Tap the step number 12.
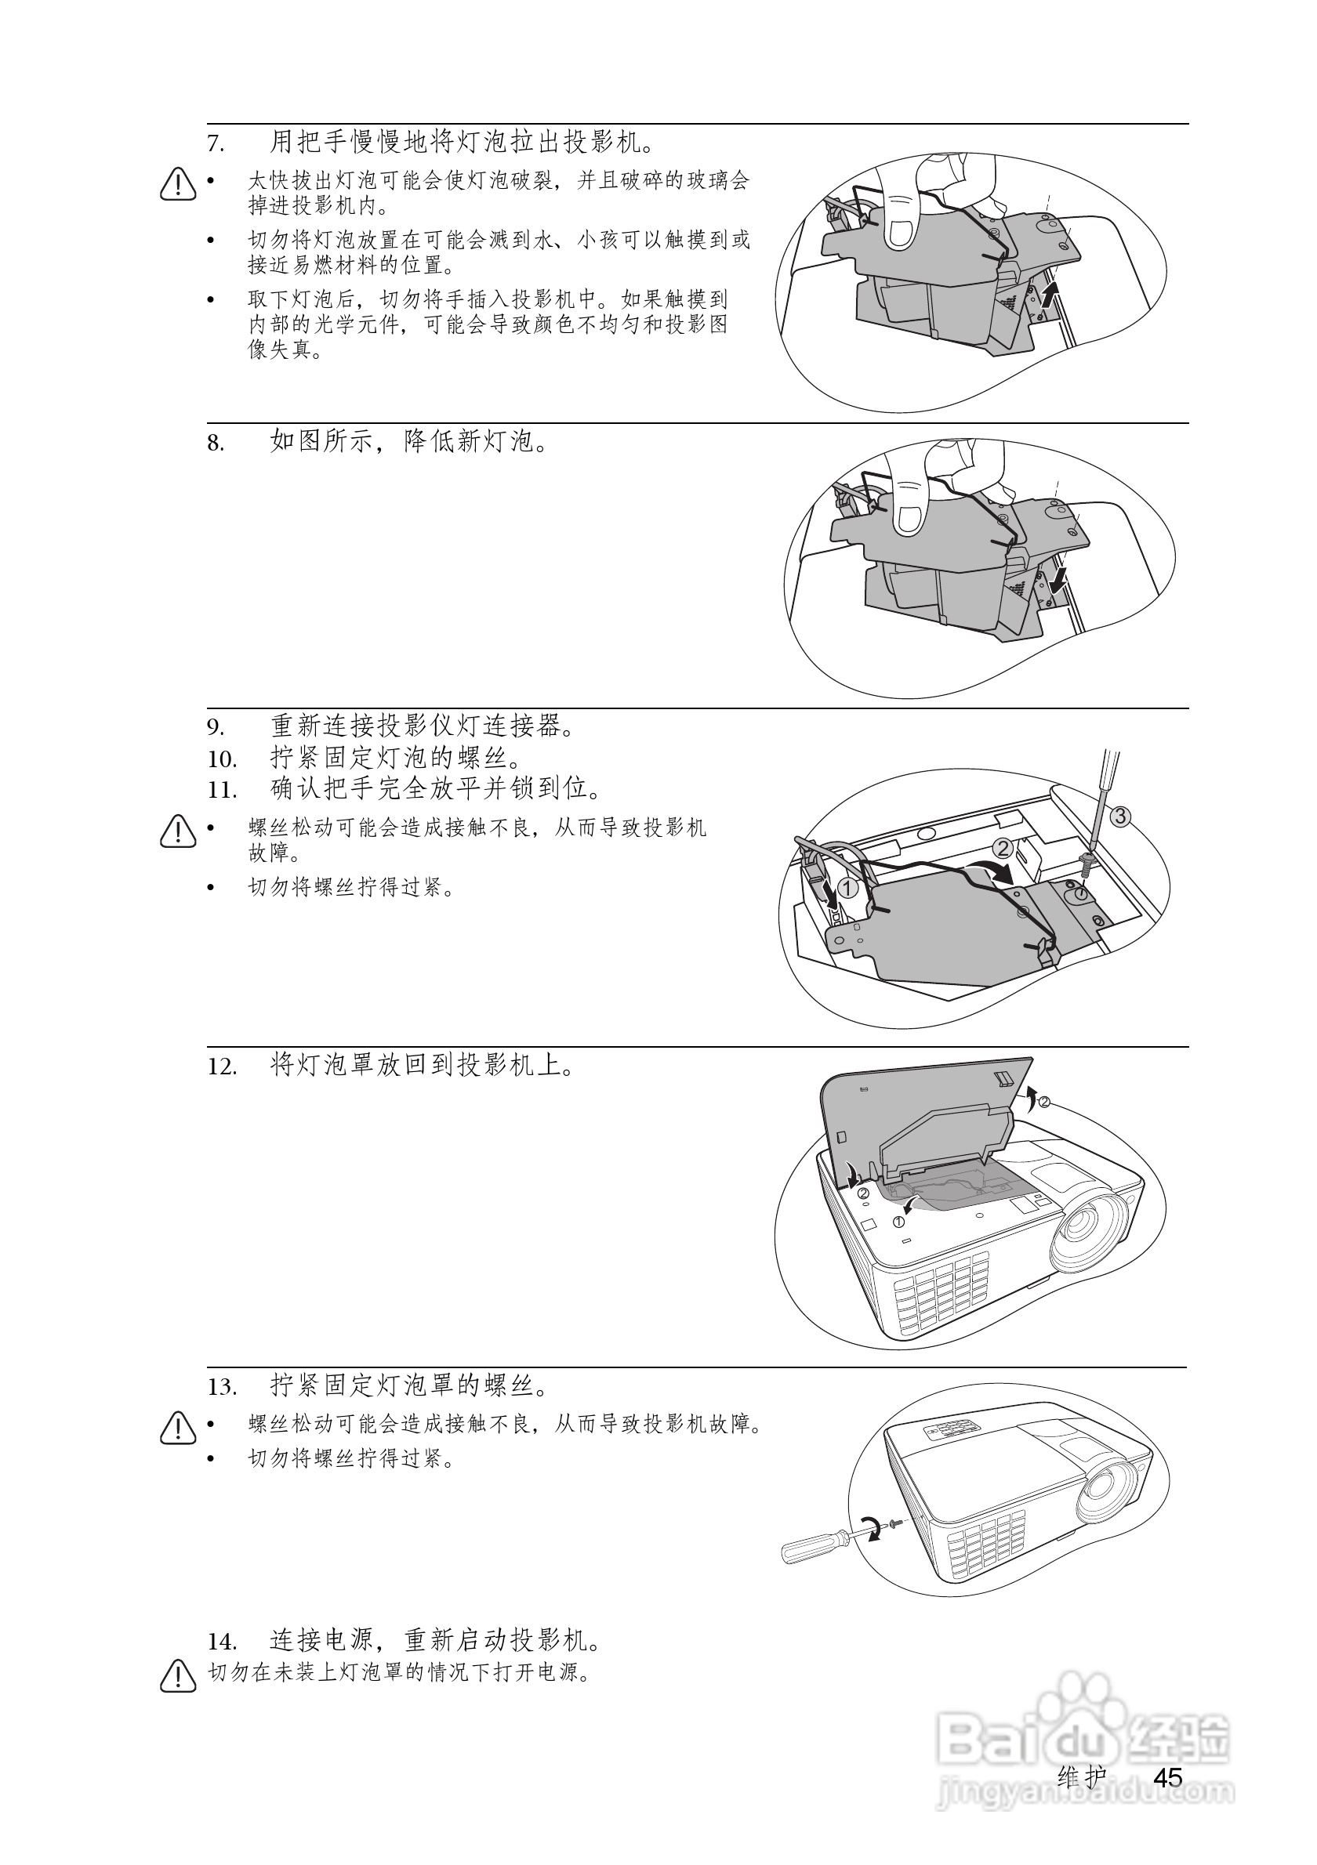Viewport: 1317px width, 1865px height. point(222,1066)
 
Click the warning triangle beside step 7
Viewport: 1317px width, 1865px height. point(178,184)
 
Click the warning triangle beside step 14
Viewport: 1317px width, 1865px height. point(178,1678)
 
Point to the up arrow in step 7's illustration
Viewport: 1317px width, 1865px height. point(1050,295)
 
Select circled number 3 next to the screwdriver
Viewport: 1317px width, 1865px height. point(1119,817)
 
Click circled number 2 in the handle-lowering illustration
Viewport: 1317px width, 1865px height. point(1003,849)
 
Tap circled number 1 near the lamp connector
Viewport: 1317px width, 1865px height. point(847,888)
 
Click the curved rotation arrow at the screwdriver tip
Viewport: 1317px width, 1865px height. point(872,1526)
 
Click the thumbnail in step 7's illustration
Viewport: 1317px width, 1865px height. point(900,231)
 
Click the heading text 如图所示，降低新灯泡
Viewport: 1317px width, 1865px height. point(408,442)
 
